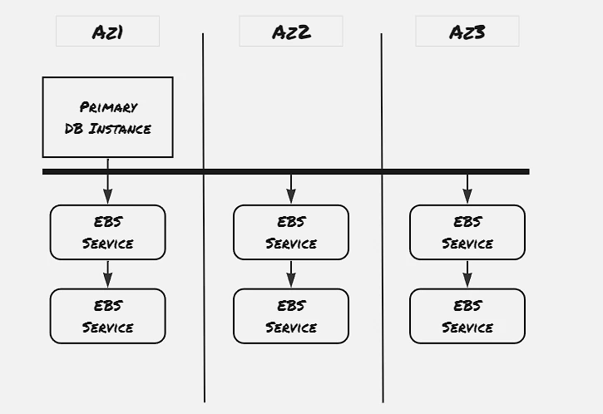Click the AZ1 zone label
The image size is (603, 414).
coord(107,32)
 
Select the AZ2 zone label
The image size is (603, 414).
coord(291,32)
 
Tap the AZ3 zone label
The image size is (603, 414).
coord(467,32)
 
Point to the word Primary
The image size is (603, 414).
coord(108,107)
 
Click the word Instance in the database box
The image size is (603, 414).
coord(120,129)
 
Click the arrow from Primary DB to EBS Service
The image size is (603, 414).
coord(107,181)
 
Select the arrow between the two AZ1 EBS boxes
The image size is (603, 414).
coord(107,274)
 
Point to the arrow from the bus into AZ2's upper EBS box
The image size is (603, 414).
coord(291,189)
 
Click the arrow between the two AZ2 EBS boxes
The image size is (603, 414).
coord(291,274)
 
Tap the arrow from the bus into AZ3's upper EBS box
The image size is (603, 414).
coord(467,189)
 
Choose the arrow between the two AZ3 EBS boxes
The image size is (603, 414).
coord(467,274)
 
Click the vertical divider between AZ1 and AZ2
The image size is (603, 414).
coord(204,218)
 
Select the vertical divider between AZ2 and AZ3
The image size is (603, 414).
coord(383,218)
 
